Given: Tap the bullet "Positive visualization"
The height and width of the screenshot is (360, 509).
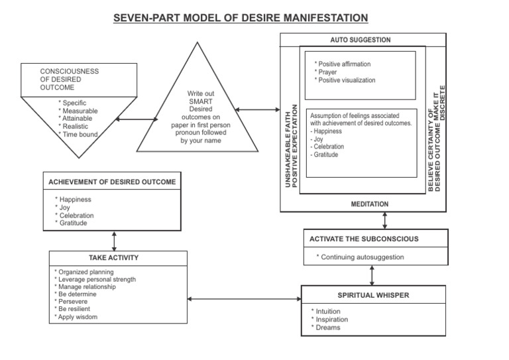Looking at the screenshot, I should point(346,80).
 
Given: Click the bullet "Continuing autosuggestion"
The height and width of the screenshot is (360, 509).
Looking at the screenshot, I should point(361,257).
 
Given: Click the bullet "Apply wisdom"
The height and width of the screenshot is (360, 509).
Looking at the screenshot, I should point(80,317).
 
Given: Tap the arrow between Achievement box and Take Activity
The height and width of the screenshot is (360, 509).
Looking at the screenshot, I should point(115,239).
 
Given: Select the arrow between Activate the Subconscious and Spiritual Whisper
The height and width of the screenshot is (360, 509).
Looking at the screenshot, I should point(372,274).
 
